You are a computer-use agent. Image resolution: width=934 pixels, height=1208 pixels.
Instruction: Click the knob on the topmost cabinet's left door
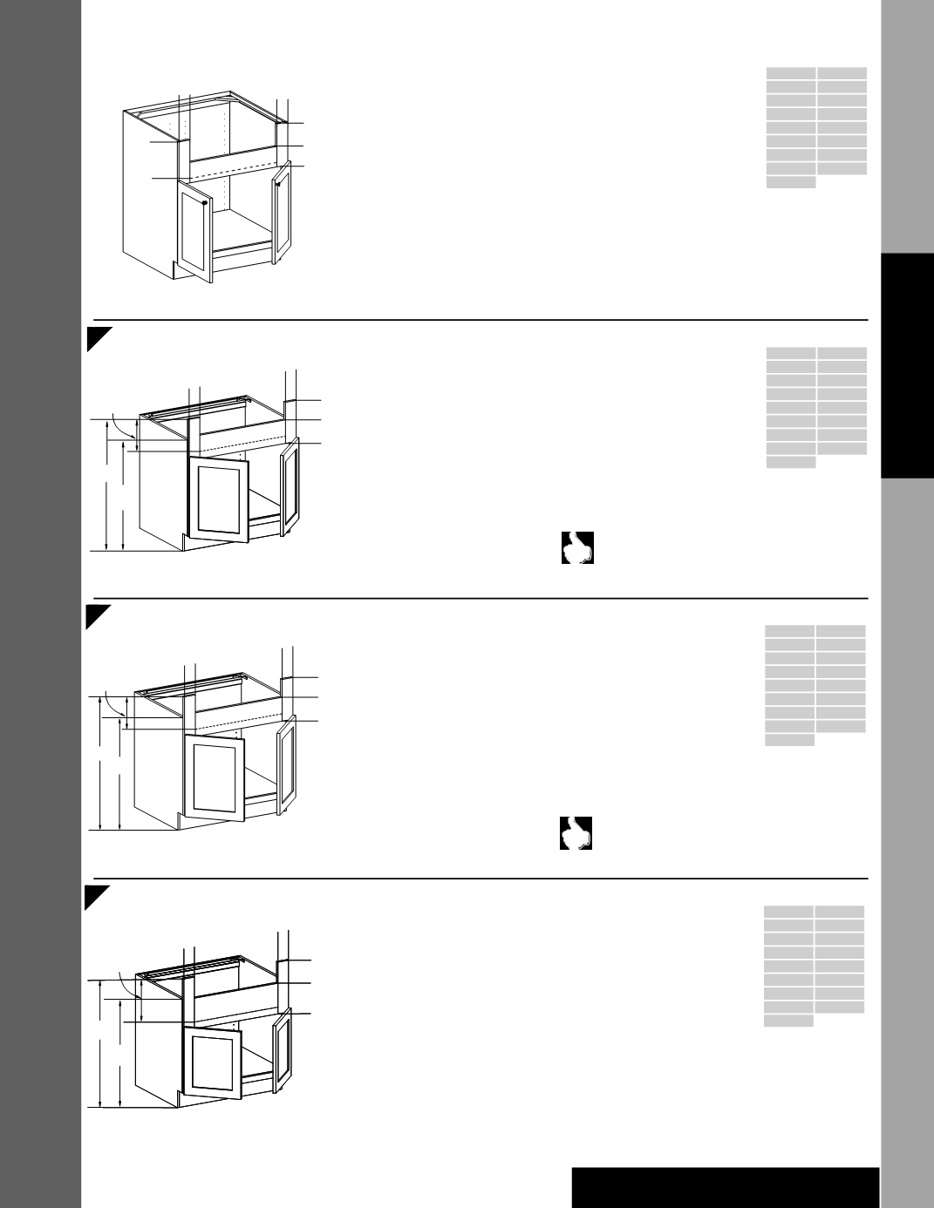tap(203, 202)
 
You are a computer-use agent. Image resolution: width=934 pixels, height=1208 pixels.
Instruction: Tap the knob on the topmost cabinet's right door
tap(277, 184)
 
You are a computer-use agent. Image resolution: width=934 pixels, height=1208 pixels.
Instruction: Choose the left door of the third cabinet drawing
tap(214, 776)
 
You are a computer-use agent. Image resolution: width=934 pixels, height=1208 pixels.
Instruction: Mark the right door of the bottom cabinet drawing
tap(281, 1053)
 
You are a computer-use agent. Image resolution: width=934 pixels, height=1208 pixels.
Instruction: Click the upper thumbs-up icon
tap(577, 547)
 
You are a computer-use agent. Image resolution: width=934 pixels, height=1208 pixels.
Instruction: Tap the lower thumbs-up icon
tap(576, 833)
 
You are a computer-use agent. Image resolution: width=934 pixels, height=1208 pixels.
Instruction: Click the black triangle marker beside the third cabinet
tap(96, 615)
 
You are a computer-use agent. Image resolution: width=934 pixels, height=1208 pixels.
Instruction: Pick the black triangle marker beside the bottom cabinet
tap(95, 896)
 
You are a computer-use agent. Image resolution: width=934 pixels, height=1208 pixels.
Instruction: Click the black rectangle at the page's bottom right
tap(726, 1187)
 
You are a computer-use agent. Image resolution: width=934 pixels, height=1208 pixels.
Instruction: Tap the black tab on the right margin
tap(907, 366)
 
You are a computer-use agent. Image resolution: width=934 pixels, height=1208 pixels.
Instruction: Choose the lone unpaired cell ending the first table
tap(791, 182)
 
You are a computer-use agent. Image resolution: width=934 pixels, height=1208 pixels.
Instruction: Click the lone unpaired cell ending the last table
tap(788, 1021)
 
